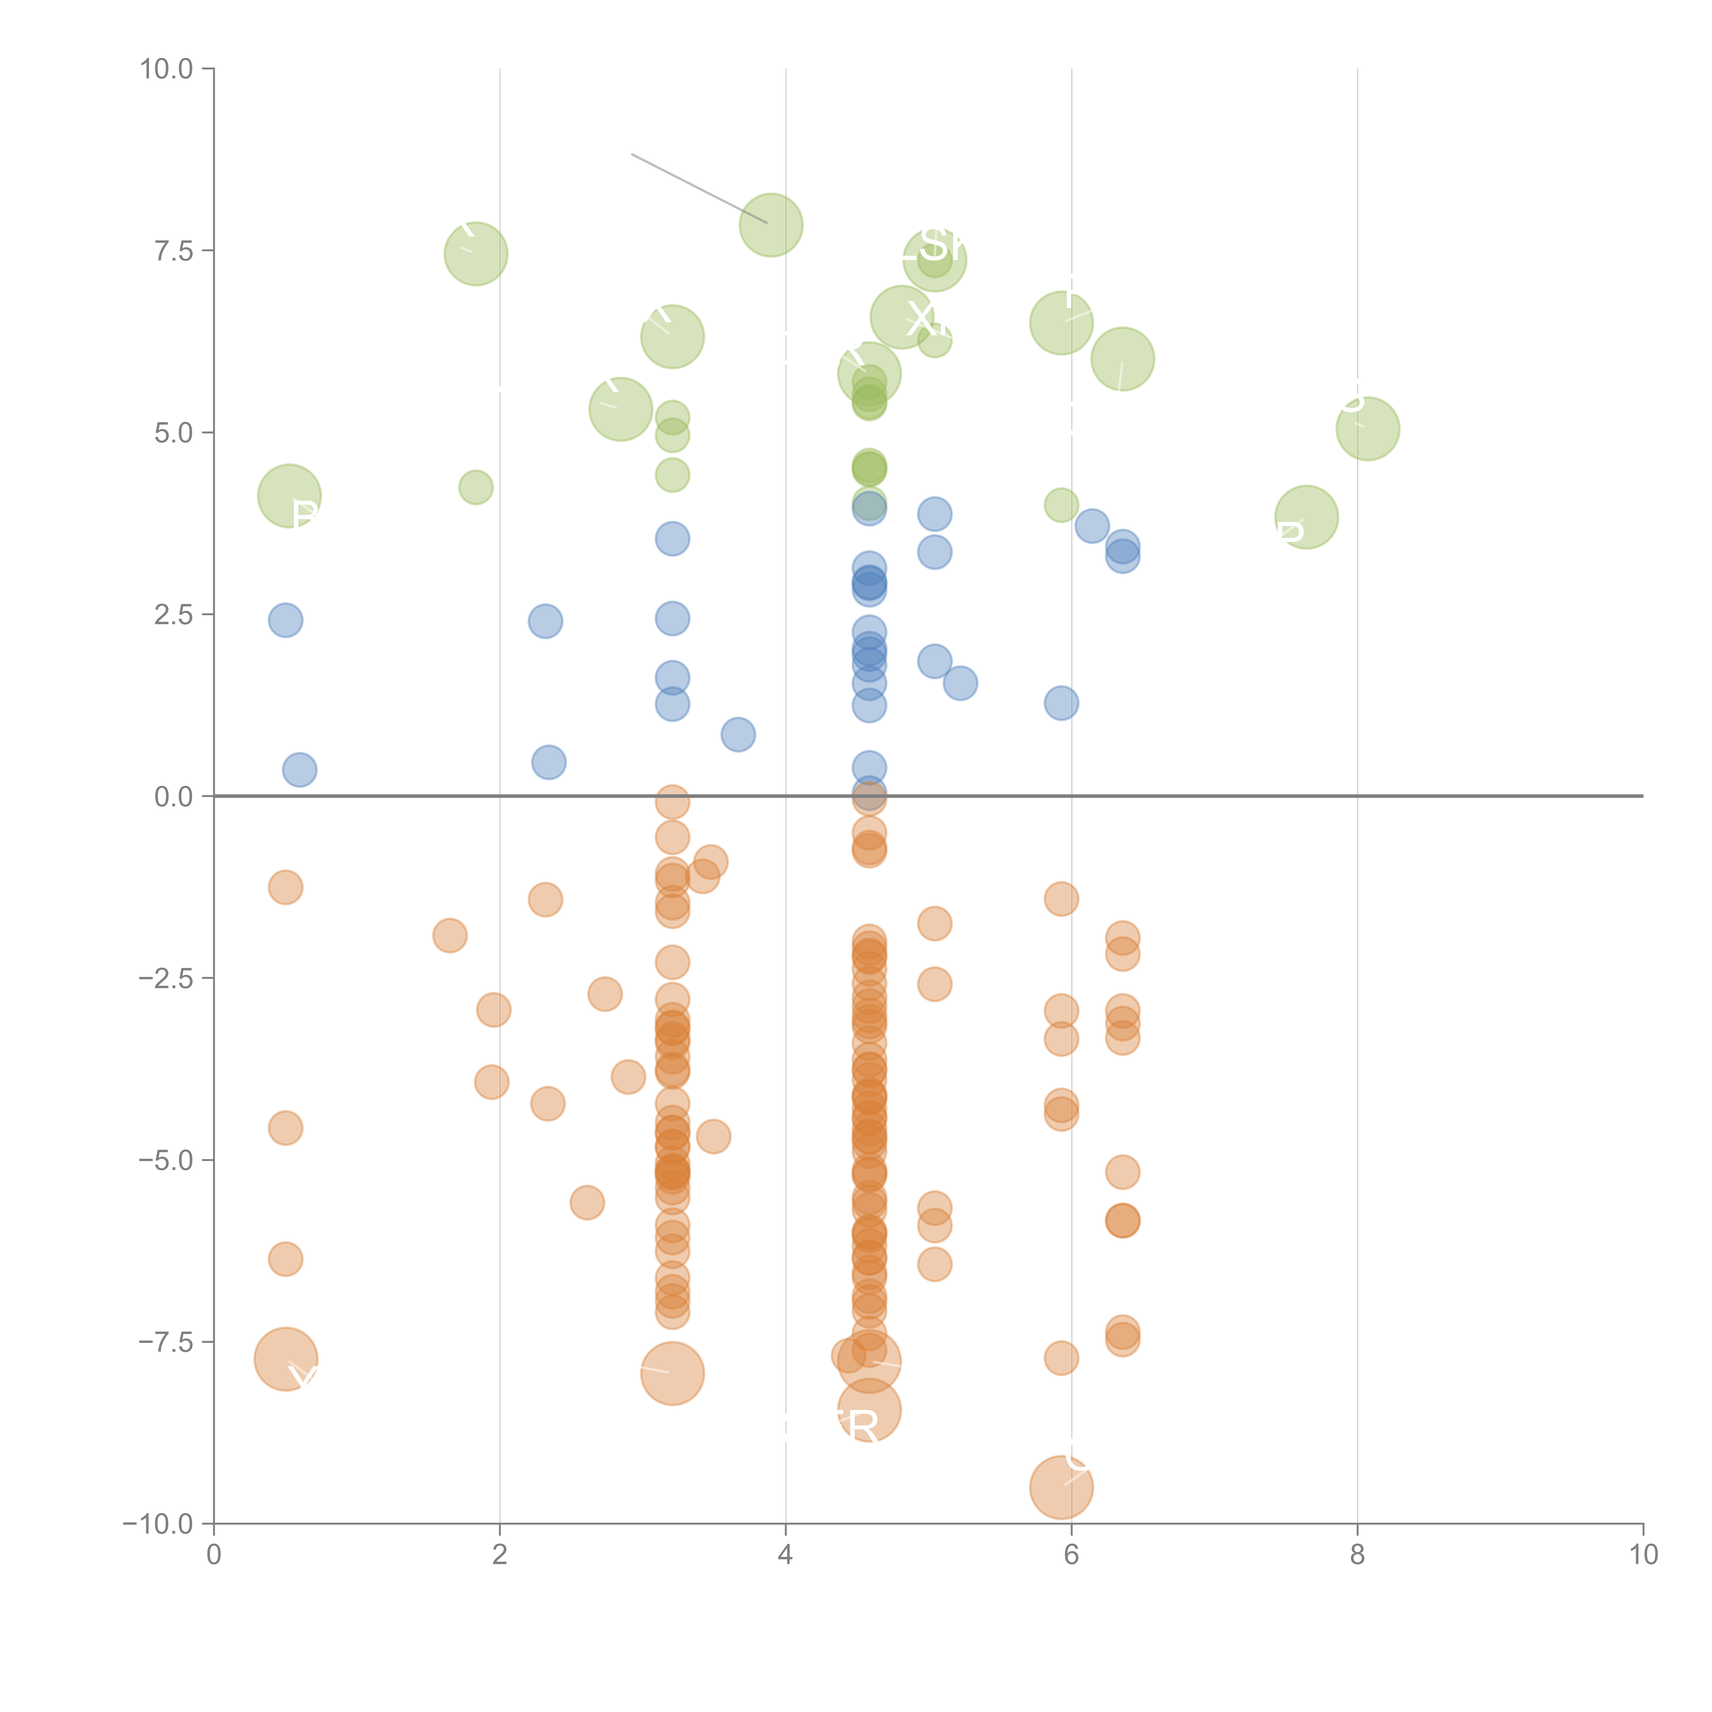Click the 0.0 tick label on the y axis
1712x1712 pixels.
[x=174, y=797]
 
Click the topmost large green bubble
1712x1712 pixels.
[x=771, y=225]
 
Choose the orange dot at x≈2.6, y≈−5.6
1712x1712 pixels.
[x=587, y=1203]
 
